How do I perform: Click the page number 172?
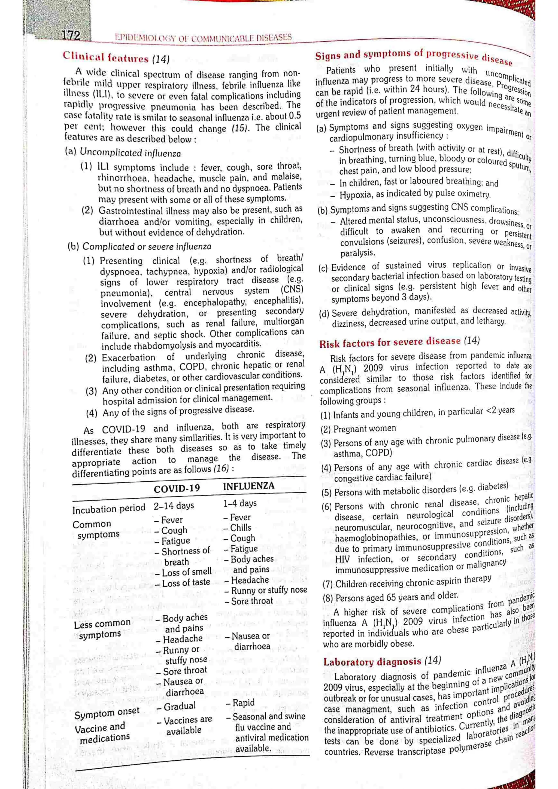(x=71, y=35)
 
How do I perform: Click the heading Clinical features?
(x=105, y=57)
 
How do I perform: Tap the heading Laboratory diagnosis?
(x=372, y=662)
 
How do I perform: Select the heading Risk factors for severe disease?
(x=390, y=342)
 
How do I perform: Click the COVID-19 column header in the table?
(x=177, y=488)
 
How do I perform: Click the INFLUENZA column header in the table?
(x=248, y=486)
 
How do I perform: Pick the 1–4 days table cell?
(x=240, y=503)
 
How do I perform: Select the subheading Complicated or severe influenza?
(x=147, y=246)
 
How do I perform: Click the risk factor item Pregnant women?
(x=365, y=429)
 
